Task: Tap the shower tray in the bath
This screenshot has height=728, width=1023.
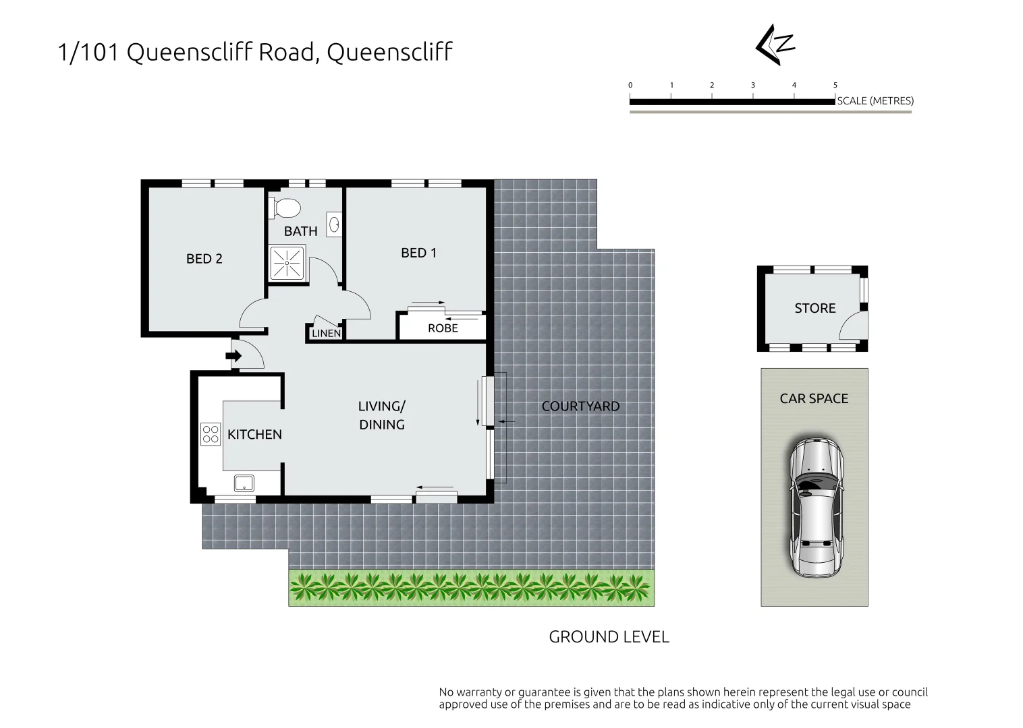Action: [287, 263]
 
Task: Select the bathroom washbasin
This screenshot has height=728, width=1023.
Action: [334, 223]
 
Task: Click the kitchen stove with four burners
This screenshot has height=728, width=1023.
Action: [211, 433]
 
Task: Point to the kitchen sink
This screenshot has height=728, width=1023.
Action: [244, 483]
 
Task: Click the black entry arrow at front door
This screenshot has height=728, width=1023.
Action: [234, 356]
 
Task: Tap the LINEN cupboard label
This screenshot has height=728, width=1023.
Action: [326, 334]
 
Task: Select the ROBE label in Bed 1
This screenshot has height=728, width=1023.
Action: [443, 328]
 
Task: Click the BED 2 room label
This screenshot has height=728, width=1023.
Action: [204, 259]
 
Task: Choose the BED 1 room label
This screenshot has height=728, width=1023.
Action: [418, 253]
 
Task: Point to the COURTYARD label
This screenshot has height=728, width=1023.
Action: [580, 406]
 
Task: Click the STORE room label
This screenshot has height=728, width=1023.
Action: [814, 308]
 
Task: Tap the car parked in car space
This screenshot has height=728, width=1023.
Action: [815, 507]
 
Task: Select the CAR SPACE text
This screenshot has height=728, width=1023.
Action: [814, 398]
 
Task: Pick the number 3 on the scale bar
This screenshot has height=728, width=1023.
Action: [753, 85]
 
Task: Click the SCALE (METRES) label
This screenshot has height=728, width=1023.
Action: [875, 101]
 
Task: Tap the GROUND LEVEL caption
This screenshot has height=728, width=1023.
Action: [609, 637]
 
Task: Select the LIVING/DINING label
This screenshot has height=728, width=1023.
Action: [381, 415]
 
